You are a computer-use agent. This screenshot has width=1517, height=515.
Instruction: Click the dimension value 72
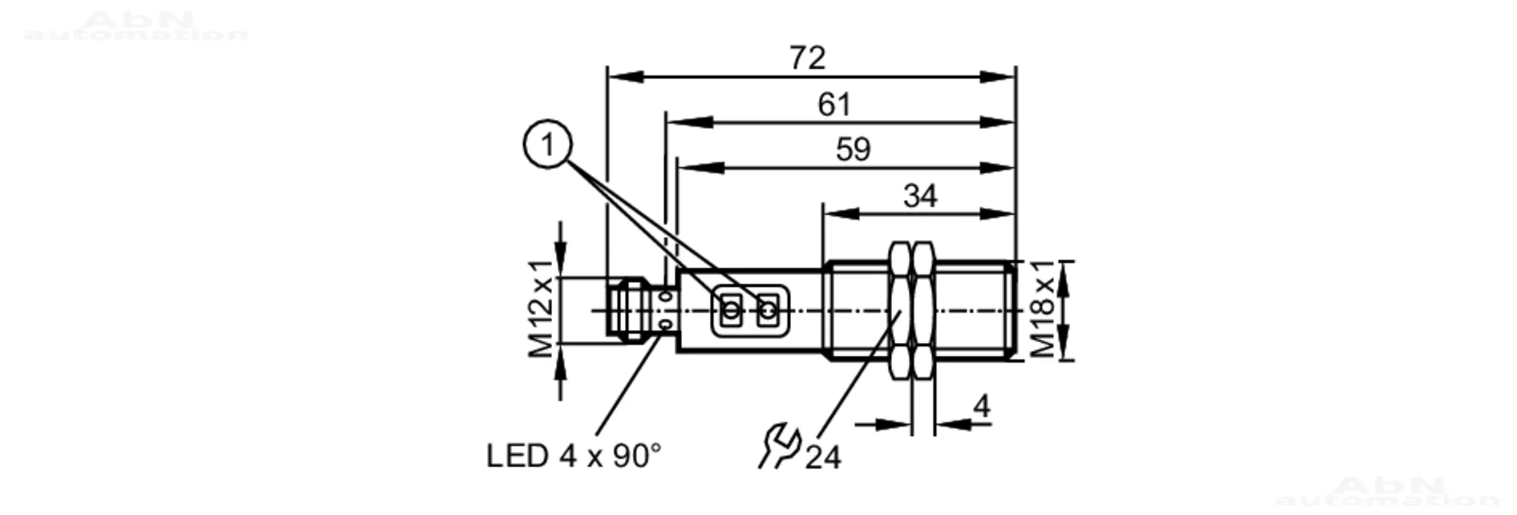(807, 58)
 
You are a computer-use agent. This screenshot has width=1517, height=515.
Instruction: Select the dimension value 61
(834, 105)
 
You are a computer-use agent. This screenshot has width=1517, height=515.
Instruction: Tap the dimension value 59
(853, 149)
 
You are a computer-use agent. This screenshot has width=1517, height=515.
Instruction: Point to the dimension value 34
(920, 196)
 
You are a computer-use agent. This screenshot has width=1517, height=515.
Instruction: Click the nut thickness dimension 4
(981, 407)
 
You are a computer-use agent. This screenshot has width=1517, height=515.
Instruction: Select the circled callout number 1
(548, 144)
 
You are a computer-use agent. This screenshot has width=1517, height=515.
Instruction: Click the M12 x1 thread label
(542, 309)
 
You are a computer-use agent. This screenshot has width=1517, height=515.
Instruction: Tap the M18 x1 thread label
(1043, 309)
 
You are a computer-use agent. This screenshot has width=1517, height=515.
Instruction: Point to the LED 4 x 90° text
(573, 456)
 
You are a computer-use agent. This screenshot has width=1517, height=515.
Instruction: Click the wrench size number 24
(823, 457)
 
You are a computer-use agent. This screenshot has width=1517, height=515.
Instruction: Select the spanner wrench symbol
(778, 447)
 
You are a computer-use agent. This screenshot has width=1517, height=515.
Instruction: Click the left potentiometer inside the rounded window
(731, 310)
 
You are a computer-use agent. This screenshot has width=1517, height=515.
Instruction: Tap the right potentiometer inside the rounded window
(768, 310)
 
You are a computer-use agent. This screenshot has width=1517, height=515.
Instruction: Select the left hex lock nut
(900, 310)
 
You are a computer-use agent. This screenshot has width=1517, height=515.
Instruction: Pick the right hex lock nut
(923, 310)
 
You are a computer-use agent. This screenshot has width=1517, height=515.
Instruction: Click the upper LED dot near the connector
(667, 297)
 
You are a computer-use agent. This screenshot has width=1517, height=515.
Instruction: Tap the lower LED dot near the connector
(667, 325)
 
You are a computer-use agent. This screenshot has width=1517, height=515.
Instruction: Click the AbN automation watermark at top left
(137, 27)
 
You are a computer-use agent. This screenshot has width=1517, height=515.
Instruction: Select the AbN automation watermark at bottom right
(1388, 491)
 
